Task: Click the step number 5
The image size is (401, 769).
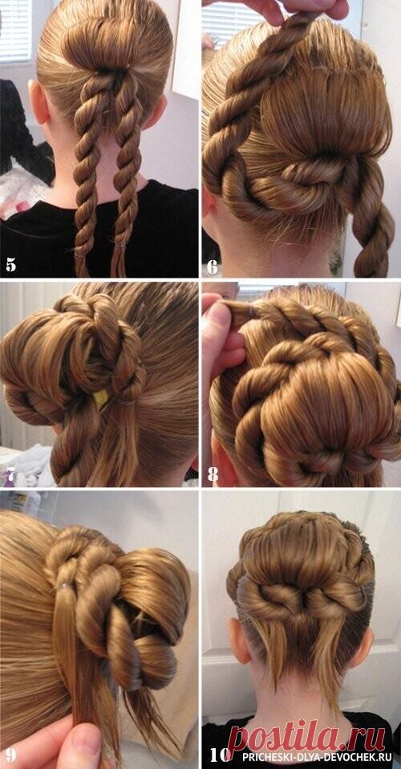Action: click(10, 266)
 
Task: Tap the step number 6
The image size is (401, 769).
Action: click(212, 267)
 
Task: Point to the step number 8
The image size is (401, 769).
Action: click(213, 474)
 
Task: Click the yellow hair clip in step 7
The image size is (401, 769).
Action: click(102, 399)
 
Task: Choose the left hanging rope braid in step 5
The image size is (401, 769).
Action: click(89, 177)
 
